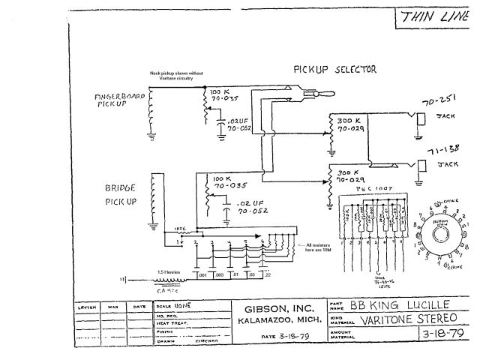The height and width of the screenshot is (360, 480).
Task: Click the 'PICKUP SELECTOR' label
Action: (334, 70)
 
